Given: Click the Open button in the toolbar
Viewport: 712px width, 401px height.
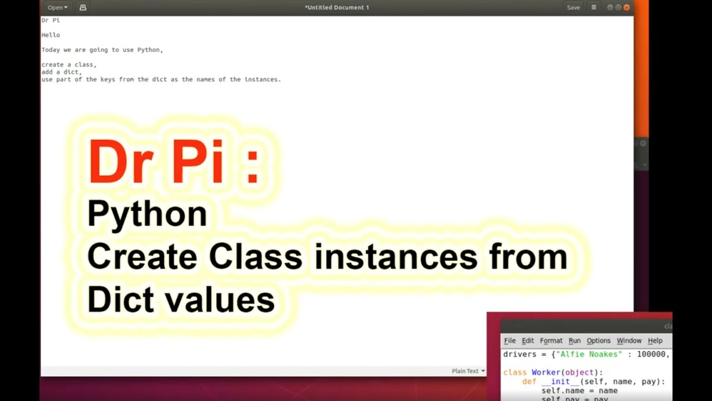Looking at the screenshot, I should [57, 7].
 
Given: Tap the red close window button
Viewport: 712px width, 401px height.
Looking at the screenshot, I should [626, 7].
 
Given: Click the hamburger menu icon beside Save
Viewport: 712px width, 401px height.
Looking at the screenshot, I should [594, 7].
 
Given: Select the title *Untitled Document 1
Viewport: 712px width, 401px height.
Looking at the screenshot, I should [337, 7].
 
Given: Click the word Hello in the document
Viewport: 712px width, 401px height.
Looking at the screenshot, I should [51, 35].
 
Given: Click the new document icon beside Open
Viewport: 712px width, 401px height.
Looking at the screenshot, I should [83, 7].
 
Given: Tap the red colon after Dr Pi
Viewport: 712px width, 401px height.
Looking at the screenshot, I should [252, 163].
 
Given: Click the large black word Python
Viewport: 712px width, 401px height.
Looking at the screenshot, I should [147, 214].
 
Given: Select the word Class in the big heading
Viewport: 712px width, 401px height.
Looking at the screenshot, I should [255, 257].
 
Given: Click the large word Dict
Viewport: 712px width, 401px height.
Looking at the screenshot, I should [120, 300].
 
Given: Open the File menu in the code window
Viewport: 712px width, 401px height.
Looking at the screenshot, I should [510, 341].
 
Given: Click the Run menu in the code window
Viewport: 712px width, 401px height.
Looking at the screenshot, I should [575, 341].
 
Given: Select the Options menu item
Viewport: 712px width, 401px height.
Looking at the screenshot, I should [599, 341].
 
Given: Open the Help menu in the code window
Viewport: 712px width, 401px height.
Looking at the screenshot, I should [655, 341].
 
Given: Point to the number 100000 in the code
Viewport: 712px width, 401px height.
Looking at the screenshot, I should [652, 354].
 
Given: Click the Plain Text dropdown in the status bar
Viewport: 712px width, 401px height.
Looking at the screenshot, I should [468, 371].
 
